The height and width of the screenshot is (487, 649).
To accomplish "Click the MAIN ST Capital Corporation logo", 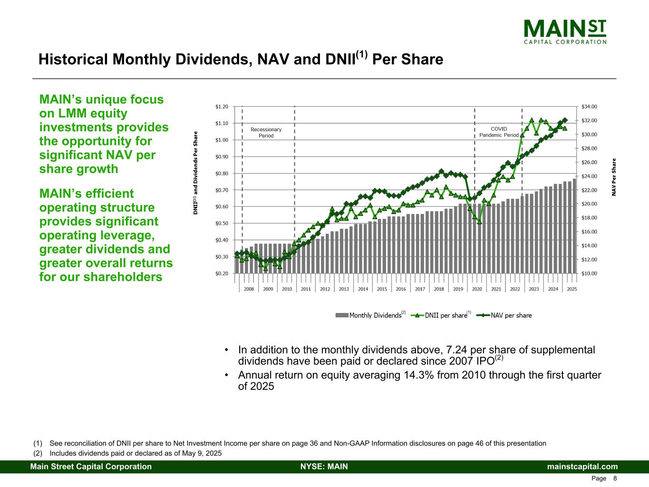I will [x=565, y=31].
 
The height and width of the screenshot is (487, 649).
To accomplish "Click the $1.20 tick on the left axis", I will [x=222, y=107].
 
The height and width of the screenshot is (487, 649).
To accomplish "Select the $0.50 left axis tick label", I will [x=222, y=224].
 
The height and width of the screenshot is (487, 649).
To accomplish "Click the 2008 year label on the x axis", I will [x=249, y=289].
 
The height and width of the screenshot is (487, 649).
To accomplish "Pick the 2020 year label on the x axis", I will [x=477, y=289].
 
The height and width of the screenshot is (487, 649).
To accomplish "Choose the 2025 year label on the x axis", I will [x=572, y=289].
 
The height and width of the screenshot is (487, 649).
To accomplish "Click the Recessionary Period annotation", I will [x=266, y=132].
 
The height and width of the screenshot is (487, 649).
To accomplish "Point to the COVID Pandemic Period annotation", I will [x=499, y=132].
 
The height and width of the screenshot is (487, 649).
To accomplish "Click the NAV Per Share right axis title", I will [x=614, y=177].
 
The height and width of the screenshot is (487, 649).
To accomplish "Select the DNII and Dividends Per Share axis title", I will [x=195, y=173].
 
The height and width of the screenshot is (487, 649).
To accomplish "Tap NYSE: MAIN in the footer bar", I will [x=324, y=467].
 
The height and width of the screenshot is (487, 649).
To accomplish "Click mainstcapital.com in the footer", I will [x=582, y=467].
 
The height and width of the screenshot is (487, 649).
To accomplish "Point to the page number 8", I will [x=615, y=478].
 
